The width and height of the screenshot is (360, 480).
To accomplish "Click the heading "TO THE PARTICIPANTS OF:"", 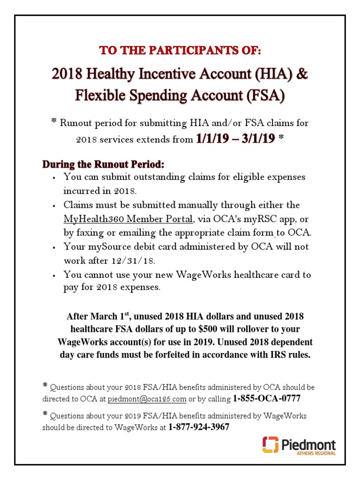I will [180, 51].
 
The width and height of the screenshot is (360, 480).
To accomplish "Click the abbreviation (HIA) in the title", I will [268, 75].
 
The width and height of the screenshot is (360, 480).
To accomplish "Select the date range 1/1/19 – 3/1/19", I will [235, 139].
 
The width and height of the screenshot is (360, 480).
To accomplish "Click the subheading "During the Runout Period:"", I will [104, 165].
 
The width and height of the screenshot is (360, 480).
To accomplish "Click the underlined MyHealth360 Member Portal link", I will [128, 219].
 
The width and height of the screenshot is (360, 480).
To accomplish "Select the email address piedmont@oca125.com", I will [147, 399].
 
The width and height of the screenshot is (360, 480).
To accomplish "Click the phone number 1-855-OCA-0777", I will [266, 399].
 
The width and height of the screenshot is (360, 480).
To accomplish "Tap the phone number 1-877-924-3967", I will [199, 427].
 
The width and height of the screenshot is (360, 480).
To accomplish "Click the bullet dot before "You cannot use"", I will [55, 275].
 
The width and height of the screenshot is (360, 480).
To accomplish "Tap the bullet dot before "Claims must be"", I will [55, 206].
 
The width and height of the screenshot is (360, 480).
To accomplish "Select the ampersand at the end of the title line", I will [302, 75].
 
